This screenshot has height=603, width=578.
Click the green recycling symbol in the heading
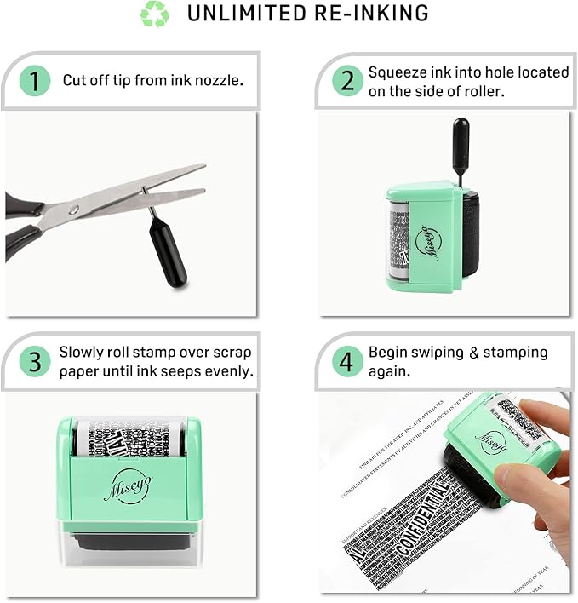155,14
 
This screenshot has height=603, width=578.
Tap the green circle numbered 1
34,81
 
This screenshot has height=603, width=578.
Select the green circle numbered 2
347,81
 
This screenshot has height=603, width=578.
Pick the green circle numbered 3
34,361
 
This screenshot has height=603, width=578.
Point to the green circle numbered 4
346,361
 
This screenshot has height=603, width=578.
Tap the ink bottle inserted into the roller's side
460,145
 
